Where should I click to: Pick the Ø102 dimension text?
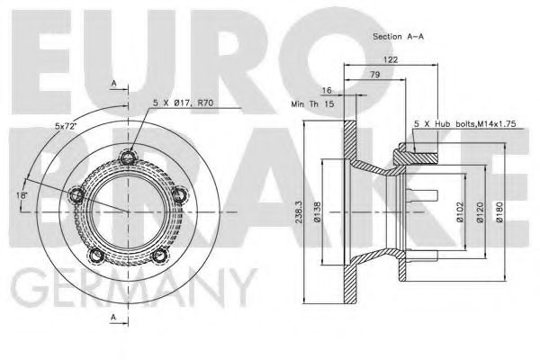click(x=459, y=212)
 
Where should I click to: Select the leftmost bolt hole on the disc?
click(x=77, y=194)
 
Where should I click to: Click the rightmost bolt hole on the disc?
click(x=183, y=194)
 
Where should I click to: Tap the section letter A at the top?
click(x=114, y=84)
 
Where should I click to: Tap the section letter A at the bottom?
click(x=114, y=317)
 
